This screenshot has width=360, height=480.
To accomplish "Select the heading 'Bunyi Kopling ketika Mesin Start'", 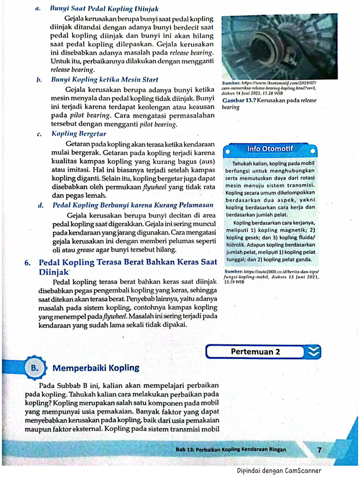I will click(x=105, y=80).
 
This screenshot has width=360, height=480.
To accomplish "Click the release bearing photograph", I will click(x=279, y=46).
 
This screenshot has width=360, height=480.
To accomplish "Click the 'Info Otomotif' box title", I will click(x=270, y=149).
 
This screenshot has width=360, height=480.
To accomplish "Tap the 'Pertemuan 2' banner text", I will click(x=255, y=352).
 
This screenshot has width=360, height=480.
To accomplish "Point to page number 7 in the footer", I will click(x=320, y=450).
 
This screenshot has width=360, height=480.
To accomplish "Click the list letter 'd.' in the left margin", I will click(x=41, y=205).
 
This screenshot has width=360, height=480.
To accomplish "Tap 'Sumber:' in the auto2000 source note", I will click(x=233, y=271).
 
